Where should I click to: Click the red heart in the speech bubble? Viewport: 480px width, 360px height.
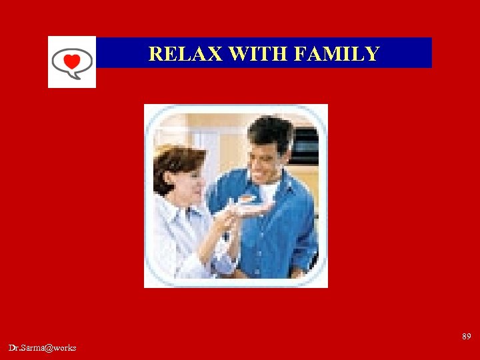click(71, 62)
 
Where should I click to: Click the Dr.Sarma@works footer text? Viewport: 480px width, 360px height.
click(43, 348)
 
